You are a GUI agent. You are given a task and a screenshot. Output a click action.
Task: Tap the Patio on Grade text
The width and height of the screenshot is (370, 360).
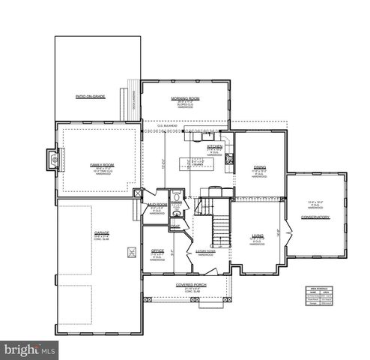[x=90, y=97]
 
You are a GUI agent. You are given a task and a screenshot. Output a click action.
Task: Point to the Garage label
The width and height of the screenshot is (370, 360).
[x=102, y=233]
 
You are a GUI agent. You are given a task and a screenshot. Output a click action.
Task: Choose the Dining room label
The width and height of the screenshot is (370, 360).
[x=260, y=168]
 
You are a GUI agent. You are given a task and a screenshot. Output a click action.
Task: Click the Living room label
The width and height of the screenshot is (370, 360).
[x=257, y=235]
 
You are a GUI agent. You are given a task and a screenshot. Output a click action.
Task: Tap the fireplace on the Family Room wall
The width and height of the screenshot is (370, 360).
[x=52, y=158]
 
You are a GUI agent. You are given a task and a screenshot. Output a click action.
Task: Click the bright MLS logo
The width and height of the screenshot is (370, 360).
[x=30, y=349]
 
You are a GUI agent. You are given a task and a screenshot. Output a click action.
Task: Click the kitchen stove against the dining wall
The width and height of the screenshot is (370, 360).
[x=229, y=158]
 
